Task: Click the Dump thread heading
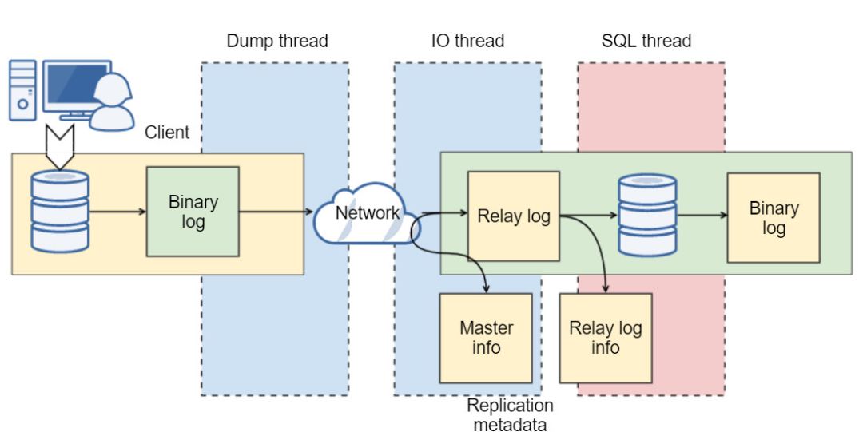pyautogui.click(x=277, y=41)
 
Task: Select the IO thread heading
pyautogui.click(x=467, y=41)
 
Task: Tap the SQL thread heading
pyautogui.click(x=646, y=41)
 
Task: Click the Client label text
pyautogui.click(x=167, y=133)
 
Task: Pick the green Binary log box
pyautogui.click(x=193, y=212)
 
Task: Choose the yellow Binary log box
pyautogui.click(x=773, y=218)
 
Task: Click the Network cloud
pyautogui.click(x=366, y=214)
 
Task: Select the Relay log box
pyautogui.click(x=513, y=216)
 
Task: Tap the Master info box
pyautogui.click(x=486, y=338)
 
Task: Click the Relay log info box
pyautogui.click(x=606, y=338)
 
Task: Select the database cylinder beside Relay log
pyautogui.click(x=647, y=216)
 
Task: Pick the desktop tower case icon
pyautogui.click(x=23, y=89)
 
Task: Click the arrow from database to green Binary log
pyautogui.click(x=118, y=212)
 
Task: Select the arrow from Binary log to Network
pyautogui.click(x=276, y=212)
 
